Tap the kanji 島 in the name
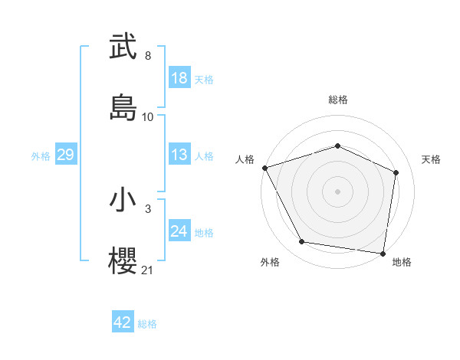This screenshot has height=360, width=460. click(123, 107)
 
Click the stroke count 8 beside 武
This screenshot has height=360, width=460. click(148, 56)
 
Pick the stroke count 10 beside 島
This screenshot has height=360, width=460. click(148, 117)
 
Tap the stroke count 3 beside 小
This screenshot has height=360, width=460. click(148, 208)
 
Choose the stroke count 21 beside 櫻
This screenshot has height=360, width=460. click(148, 270)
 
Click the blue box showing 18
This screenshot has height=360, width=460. click(179, 78)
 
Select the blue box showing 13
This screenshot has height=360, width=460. click(179, 155)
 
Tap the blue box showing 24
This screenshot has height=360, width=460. click(179, 231)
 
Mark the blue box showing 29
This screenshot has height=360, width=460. click(65, 155)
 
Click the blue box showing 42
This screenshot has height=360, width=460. click(123, 323)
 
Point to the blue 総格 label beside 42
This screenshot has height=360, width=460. click(147, 324)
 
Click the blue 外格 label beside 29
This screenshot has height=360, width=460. click(41, 155)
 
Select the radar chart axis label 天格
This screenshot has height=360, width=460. click(432, 159)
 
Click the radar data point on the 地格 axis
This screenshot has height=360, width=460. click(383, 253)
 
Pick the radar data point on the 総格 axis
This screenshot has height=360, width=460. click(338, 146)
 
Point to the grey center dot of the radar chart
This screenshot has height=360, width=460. click(338, 191)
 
